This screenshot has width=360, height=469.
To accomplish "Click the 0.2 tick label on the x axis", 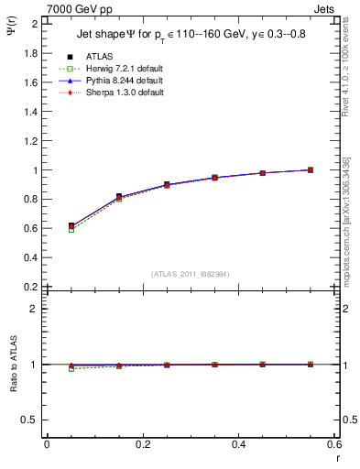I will [x=143, y=444].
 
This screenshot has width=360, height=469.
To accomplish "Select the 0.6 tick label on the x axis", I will [x=335, y=444].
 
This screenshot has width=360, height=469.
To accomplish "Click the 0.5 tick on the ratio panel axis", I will [x=33, y=420].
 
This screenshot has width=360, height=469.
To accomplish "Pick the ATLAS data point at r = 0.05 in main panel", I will [x=71, y=225].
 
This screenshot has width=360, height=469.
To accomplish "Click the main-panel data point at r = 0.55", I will [x=311, y=169].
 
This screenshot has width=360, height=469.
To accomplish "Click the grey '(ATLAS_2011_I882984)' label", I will [x=190, y=274].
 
